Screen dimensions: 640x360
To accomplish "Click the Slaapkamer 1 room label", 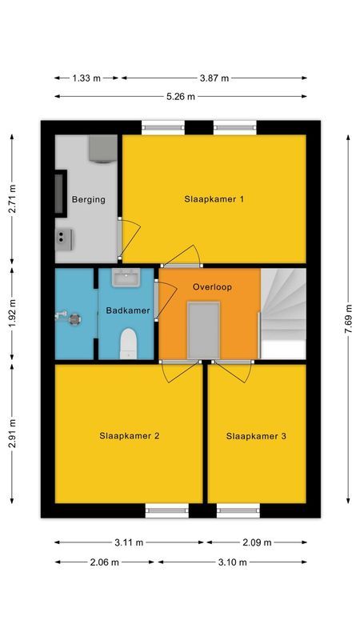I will pyautogui.click(x=214, y=199).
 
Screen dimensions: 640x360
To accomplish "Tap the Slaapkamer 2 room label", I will pyautogui.click(x=130, y=436).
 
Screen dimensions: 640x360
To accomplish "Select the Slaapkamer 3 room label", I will pyautogui.click(x=256, y=436).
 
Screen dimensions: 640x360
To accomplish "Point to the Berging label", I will pyautogui.click(x=88, y=199).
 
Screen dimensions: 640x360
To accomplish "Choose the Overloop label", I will pyautogui.click(x=211, y=286).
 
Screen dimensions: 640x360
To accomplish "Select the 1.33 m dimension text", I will pyautogui.click(x=86, y=78).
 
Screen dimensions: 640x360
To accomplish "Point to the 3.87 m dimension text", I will pyautogui.click(x=214, y=78).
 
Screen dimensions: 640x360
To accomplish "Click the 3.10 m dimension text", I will pyautogui.click(x=232, y=562).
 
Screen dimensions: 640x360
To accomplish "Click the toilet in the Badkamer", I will pyautogui.click(x=127, y=346).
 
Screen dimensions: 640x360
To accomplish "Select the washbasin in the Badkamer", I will pyautogui.click(x=126, y=278).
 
